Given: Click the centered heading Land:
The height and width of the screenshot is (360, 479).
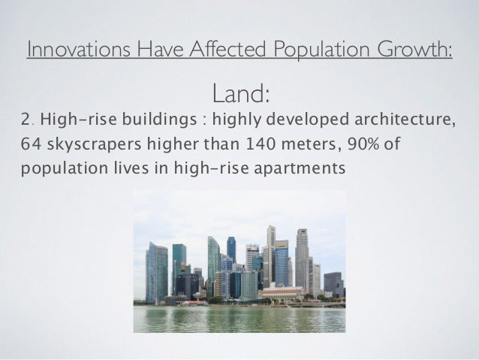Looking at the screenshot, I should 240,94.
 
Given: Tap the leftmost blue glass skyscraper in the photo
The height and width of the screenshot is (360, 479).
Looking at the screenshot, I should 156,272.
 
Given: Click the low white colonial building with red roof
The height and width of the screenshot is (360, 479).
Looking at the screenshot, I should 282,293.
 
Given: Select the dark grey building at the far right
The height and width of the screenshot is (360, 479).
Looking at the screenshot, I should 333,283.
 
